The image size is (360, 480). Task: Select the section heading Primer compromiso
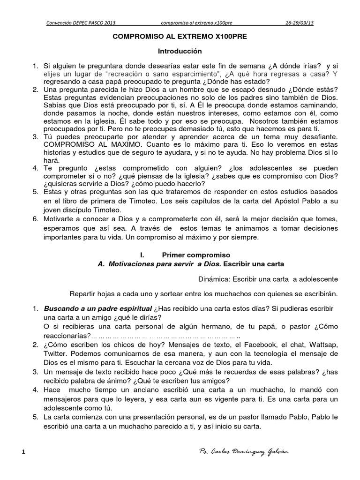[x=196, y=255]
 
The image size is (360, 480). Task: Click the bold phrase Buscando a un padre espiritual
[x=98, y=309]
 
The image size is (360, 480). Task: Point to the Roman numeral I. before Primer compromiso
[x=142, y=255]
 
